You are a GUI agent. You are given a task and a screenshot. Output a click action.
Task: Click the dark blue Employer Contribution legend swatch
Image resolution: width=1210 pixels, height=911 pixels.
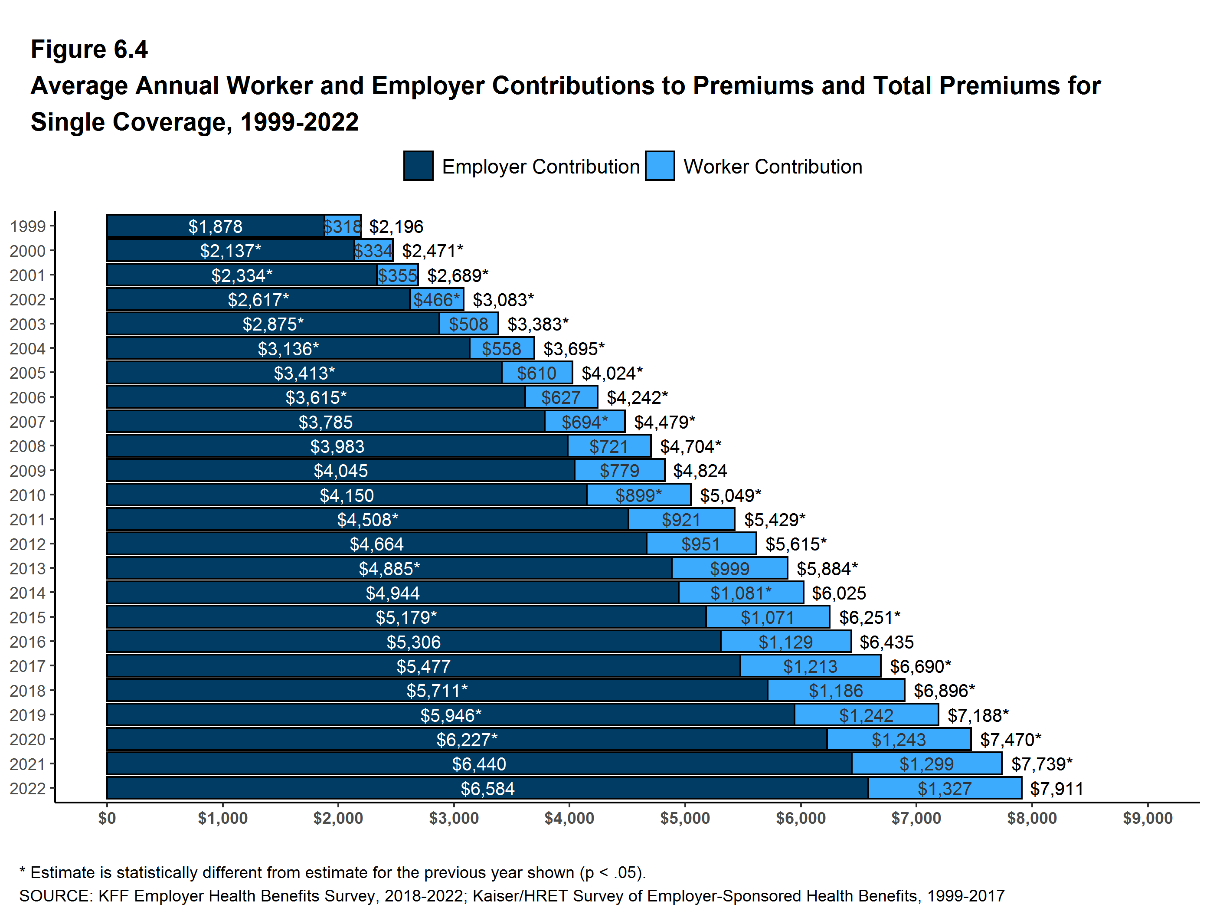[x=418, y=166]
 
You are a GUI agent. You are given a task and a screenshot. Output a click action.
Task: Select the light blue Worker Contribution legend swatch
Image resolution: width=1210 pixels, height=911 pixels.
[x=659, y=166]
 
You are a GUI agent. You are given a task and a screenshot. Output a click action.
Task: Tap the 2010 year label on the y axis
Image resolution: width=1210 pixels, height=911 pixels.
[x=27, y=495]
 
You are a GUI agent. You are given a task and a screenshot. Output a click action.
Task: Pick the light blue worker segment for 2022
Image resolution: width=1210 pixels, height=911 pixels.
[x=945, y=788]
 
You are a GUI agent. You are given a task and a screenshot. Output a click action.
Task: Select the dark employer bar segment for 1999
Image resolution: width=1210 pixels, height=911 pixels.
[x=215, y=226]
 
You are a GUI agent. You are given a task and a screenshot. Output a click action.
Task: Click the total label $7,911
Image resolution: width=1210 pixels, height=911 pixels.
[x=1056, y=788]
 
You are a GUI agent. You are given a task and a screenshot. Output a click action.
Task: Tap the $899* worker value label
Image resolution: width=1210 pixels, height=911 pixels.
[x=638, y=495]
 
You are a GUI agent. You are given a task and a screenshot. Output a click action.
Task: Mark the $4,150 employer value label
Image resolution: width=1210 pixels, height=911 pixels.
[x=347, y=495]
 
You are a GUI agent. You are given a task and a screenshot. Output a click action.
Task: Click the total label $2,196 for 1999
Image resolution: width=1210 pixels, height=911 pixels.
[x=396, y=226]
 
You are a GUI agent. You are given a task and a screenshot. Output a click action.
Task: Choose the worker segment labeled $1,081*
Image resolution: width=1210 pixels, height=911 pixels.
[x=741, y=593]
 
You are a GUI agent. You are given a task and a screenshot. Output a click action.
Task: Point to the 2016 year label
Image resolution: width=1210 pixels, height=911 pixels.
[x=27, y=642]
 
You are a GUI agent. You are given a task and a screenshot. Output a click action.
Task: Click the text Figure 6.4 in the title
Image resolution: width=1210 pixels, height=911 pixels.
[x=89, y=49]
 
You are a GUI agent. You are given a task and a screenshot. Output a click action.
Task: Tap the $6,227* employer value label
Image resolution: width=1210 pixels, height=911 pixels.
[x=467, y=740]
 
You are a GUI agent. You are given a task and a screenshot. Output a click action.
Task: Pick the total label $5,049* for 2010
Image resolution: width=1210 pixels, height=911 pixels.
[x=730, y=495]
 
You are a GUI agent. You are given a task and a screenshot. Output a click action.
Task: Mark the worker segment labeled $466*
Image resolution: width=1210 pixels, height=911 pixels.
[x=437, y=299]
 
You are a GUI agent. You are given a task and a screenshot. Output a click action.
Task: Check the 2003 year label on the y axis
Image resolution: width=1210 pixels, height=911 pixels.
[x=27, y=324]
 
